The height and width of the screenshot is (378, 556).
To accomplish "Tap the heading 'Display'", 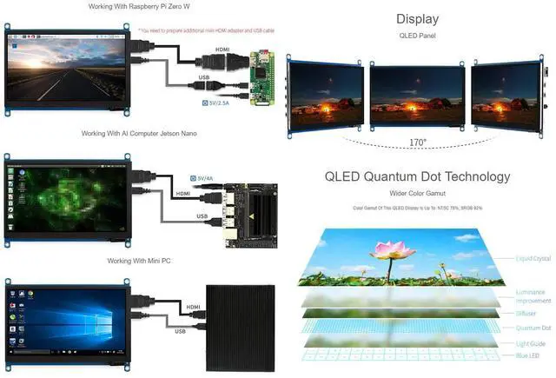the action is [x=417, y=19].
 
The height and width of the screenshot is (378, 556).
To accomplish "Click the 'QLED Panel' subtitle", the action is [x=417, y=37].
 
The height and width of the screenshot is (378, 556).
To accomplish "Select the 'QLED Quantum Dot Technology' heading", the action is [x=418, y=176].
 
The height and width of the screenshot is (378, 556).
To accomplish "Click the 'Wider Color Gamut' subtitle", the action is [x=418, y=192].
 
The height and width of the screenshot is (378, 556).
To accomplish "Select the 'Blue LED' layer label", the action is [x=526, y=355].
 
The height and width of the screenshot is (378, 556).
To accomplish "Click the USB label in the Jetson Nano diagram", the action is [x=202, y=216].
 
